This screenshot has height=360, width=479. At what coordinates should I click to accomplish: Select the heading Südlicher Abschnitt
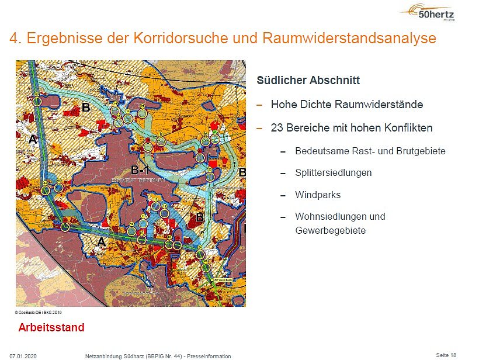tap(308, 81)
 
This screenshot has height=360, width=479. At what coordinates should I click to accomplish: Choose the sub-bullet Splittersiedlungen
tap(333, 172)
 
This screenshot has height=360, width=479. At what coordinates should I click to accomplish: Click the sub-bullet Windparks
tap(318, 195)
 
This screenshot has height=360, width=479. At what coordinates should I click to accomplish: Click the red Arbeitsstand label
tap(51, 327)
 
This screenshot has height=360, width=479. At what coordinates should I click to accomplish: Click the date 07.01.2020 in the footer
tap(23, 356)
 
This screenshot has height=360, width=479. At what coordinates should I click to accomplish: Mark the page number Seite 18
tap(446, 355)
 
